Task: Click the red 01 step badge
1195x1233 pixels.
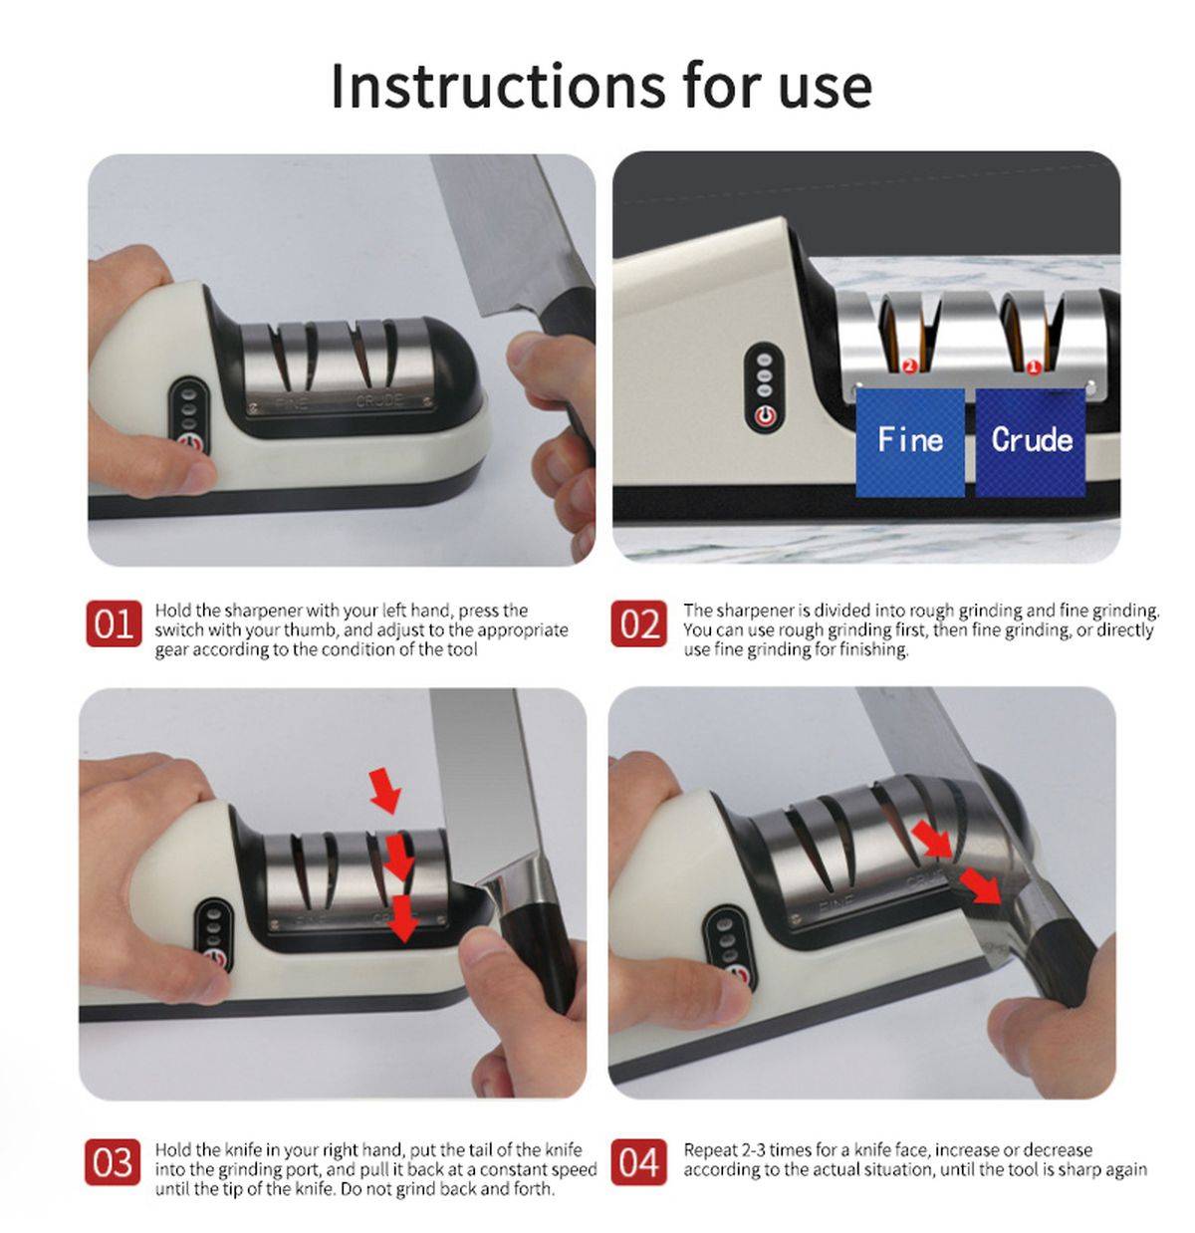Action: point(114,623)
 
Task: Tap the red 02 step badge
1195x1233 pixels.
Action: point(638,623)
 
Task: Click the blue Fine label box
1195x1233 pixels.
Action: point(910,441)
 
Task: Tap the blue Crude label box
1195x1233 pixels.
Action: point(1031,441)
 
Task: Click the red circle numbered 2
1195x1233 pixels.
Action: point(908,366)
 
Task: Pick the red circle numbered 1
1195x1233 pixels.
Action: point(1033,367)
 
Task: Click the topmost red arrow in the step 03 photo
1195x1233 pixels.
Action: point(385,790)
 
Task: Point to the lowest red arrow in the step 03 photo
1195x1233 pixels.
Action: point(403,919)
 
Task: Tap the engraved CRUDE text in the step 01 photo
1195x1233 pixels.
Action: point(379,400)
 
